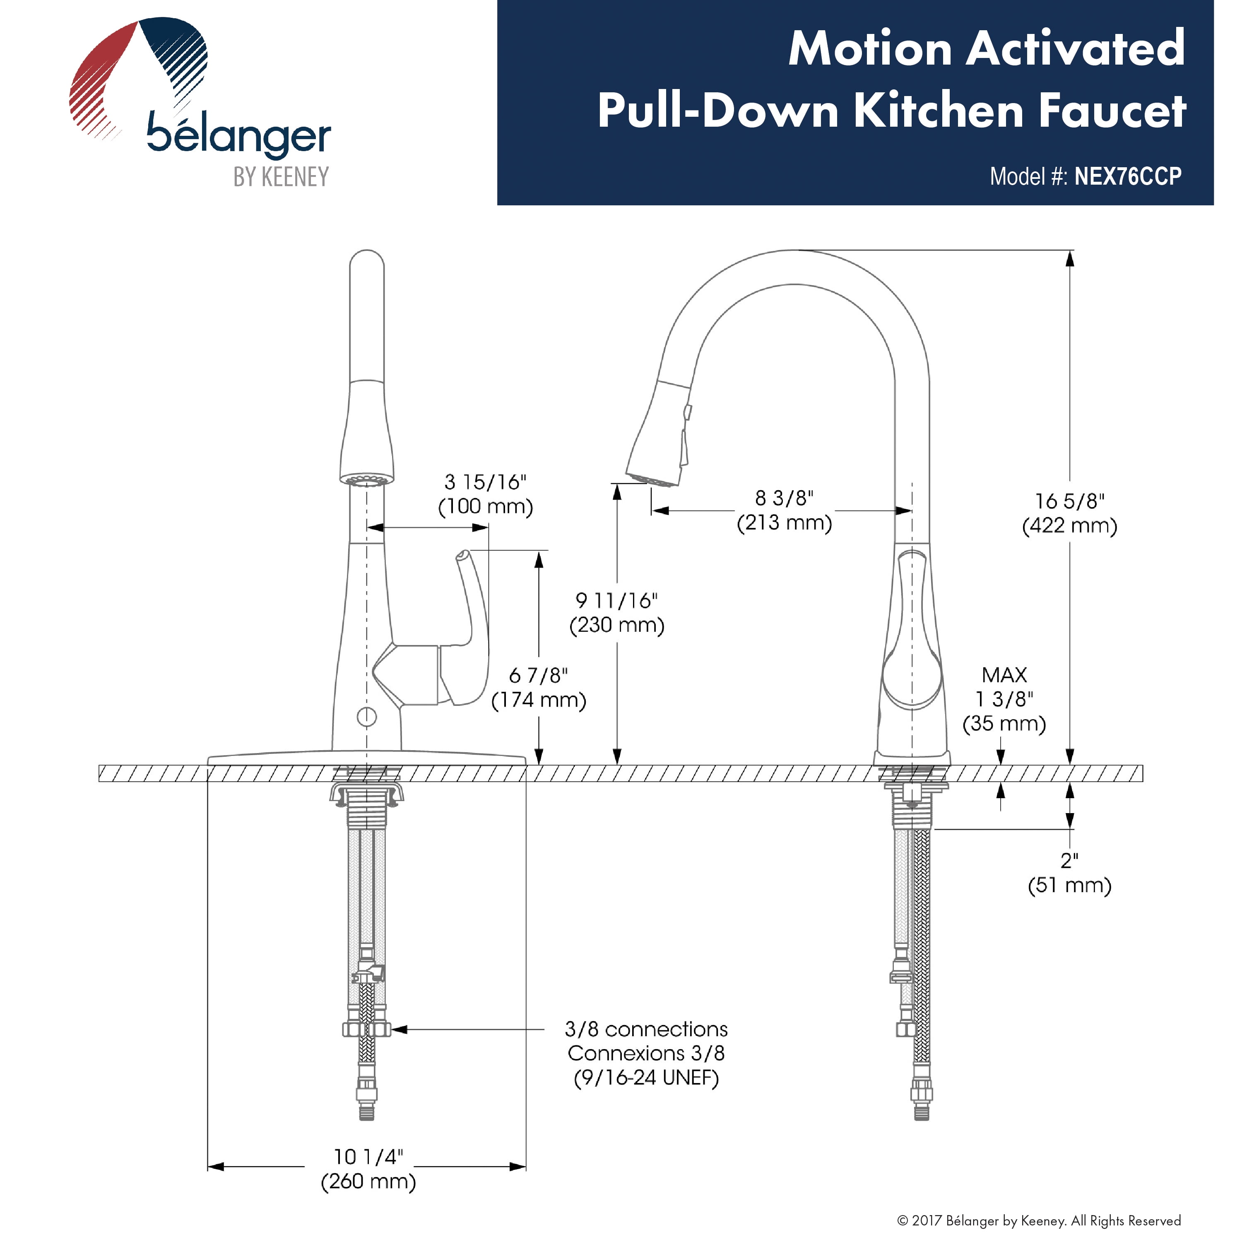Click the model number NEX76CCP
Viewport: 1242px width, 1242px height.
tap(1128, 176)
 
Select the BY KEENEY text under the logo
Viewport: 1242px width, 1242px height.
tap(281, 176)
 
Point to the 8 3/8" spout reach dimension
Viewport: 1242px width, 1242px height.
tap(784, 498)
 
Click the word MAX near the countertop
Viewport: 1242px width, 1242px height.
tap(1004, 675)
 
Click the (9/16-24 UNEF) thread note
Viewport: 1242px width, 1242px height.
tap(646, 1077)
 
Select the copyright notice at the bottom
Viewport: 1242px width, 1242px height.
tap(1039, 1220)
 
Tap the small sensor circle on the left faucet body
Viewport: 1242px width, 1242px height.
tap(366, 716)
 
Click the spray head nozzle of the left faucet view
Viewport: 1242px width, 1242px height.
tap(366, 479)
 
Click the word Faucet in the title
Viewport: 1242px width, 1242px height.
tap(1112, 111)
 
